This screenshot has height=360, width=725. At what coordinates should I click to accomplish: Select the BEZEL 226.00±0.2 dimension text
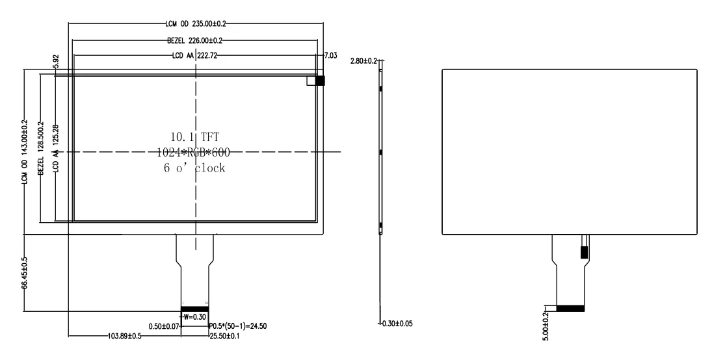coord(196,40)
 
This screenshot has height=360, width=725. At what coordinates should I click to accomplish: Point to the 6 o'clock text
coord(194,168)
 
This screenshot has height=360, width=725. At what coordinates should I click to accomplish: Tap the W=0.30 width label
coord(194,317)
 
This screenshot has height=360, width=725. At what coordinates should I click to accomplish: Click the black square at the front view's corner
coord(320,80)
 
